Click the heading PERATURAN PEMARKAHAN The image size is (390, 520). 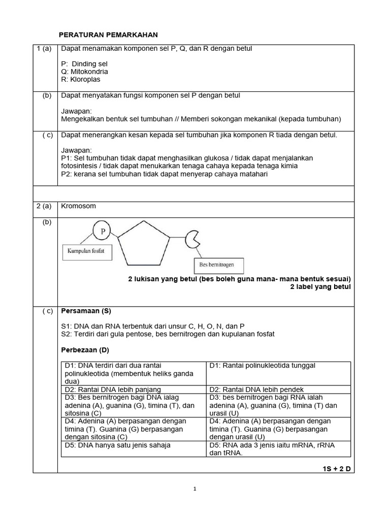point(109,35)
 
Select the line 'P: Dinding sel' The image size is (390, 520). point(84,64)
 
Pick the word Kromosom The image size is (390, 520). point(78,206)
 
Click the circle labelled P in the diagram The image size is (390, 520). point(103,232)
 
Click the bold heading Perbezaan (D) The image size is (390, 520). point(85,350)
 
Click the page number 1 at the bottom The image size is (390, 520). point(194,489)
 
